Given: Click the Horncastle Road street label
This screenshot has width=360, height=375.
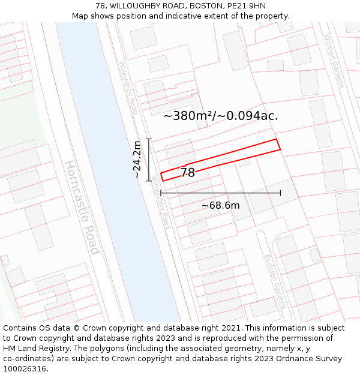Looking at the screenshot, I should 82,207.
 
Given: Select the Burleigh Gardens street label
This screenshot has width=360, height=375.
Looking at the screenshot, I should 275,281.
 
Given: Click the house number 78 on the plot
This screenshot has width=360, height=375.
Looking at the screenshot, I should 188,173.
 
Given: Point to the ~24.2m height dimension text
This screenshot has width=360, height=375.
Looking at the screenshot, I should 137,160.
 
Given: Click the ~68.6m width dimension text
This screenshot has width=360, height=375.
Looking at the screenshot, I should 220,206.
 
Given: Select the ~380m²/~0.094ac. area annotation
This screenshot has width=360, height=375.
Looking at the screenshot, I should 221,116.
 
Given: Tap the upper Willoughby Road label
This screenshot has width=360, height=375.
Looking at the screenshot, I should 128,88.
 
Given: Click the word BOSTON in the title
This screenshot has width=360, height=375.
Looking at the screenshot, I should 205,6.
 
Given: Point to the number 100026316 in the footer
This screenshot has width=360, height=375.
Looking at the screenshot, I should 25,369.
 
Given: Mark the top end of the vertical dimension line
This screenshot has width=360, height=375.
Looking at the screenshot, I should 149,139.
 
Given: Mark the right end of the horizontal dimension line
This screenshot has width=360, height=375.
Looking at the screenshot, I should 280,193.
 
